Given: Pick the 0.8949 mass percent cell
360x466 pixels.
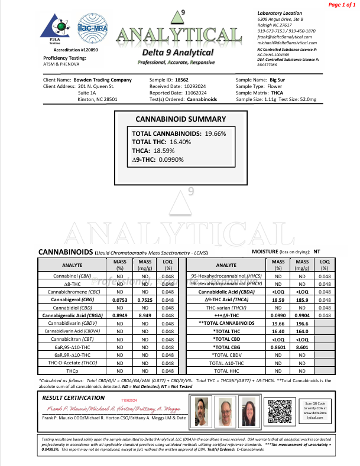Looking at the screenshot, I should click(121, 316).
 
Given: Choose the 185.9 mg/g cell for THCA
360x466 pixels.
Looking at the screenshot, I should click(301, 300).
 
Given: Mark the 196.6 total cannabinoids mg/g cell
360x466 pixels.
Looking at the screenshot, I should click(301, 324).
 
